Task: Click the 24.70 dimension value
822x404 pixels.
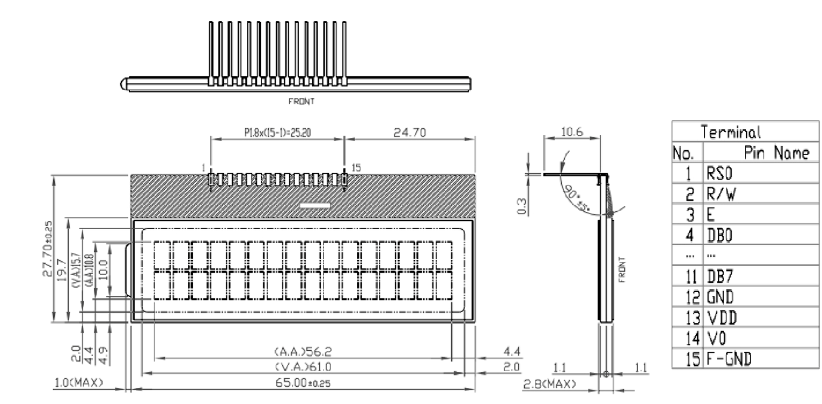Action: [x=409, y=133]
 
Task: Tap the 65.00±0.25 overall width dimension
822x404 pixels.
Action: [x=304, y=383]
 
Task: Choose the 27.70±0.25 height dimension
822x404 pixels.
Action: [x=48, y=249]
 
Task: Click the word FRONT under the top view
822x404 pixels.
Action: [x=301, y=101]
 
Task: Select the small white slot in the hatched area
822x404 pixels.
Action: [x=315, y=206]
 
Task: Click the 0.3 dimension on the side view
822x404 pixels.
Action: [x=524, y=204]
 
